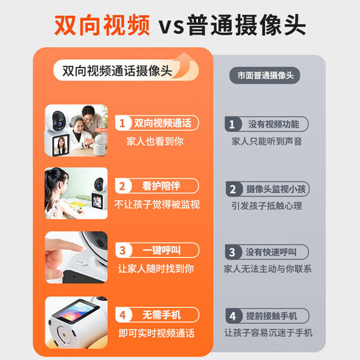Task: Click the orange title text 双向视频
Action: pyautogui.click(x=102, y=25)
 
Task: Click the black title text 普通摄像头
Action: pyautogui.click(x=246, y=25)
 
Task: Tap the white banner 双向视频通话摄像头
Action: pyautogui.click(x=126, y=71)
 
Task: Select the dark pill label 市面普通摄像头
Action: pyautogui.click(x=265, y=75)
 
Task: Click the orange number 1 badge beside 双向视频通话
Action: pyautogui.click(x=123, y=123)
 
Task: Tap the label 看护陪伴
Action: pyautogui.click(x=161, y=186)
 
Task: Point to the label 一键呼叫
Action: pyautogui.click(x=161, y=251)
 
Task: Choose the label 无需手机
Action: pyautogui.click(x=161, y=315)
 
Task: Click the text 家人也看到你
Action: pyautogui.click(x=155, y=141)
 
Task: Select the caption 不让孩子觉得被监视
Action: pyautogui.click(x=157, y=204)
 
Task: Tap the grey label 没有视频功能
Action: pyautogui.click(x=273, y=125)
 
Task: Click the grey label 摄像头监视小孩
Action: pyautogui.click(x=276, y=189)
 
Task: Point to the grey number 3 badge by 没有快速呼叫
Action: pyautogui.click(x=233, y=252)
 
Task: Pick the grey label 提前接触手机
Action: pyautogui.click(x=271, y=316)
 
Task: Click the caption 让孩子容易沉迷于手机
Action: pyautogui.click(x=269, y=333)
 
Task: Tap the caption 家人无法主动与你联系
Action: pyautogui.click(x=268, y=269)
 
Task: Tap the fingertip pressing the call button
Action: pyautogui.click(x=78, y=249)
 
